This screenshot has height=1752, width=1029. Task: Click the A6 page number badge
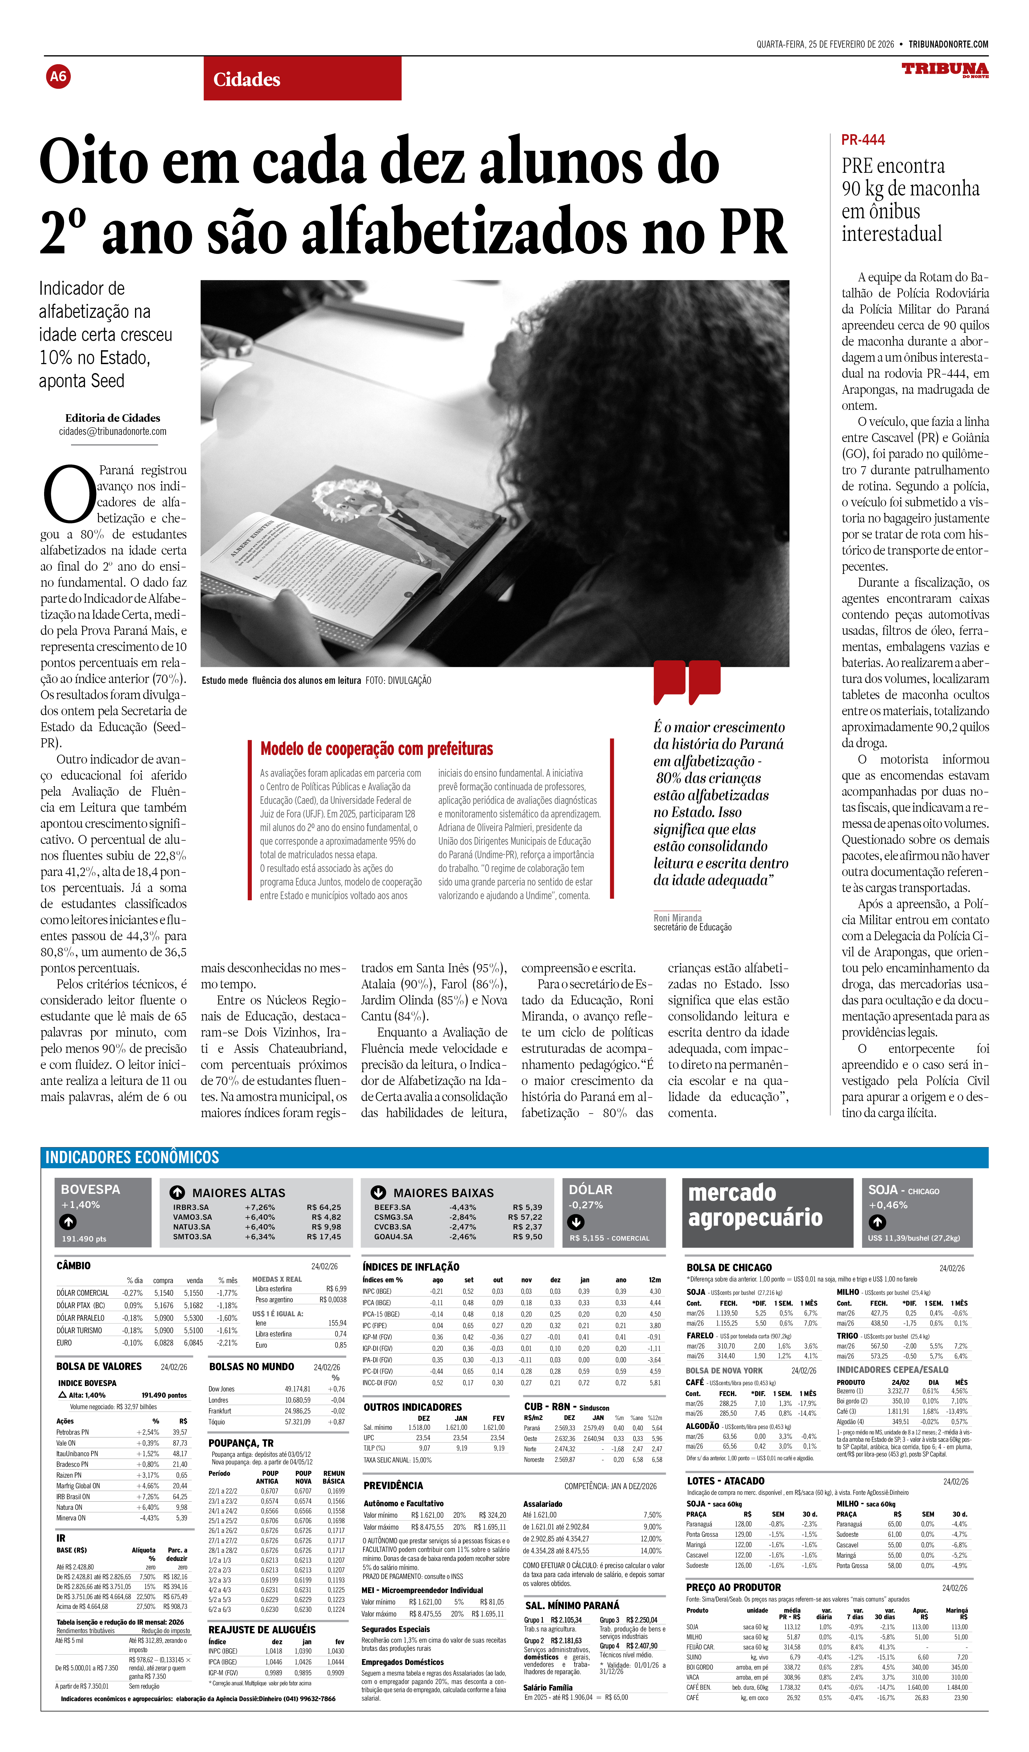point(59,76)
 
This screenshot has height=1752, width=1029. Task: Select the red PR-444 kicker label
point(863,140)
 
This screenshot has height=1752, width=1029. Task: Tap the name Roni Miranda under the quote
point(677,918)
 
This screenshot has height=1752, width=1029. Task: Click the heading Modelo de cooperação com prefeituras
point(376,749)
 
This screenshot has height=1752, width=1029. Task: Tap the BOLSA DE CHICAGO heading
point(729,1267)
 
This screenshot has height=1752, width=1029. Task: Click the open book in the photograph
point(362,549)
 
